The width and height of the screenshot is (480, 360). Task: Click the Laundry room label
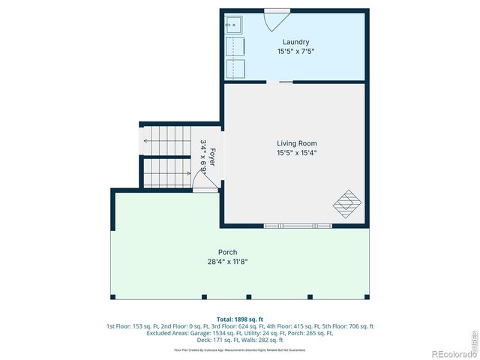(x=295, y=42)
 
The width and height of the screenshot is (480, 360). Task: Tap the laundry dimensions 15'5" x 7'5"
(x=295, y=52)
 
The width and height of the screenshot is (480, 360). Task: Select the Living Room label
(x=296, y=143)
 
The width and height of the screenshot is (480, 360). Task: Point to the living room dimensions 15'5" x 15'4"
(x=296, y=153)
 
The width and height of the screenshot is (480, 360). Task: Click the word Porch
(x=227, y=252)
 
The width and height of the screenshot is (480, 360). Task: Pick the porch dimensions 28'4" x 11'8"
(x=227, y=262)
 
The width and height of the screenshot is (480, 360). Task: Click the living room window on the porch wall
(x=298, y=224)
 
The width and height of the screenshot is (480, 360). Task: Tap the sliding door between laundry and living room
(x=286, y=81)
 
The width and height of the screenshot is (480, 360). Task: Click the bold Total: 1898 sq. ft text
(x=240, y=318)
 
